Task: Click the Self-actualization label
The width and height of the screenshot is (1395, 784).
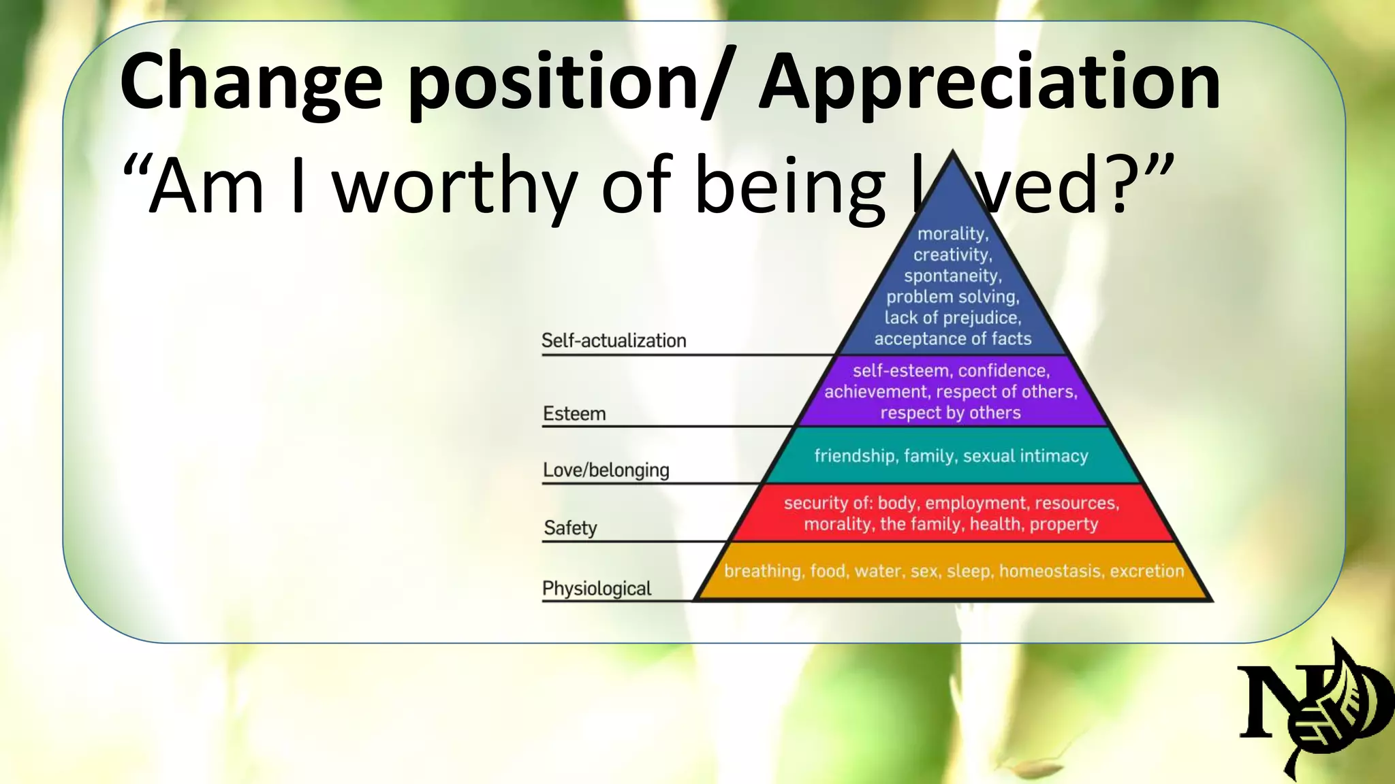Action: coord(614,340)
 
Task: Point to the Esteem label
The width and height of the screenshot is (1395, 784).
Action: coord(574,414)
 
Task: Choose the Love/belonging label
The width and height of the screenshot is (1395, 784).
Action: coord(606,470)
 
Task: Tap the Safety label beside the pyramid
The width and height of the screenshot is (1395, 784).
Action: coord(570,528)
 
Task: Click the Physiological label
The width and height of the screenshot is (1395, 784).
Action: coord(597,589)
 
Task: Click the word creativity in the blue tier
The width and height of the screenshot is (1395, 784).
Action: coord(952,255)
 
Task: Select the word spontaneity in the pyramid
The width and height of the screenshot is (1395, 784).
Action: coord(952,276)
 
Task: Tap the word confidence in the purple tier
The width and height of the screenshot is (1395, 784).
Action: coord(1003,371)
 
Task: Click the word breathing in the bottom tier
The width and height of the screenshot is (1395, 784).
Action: coord(762,571)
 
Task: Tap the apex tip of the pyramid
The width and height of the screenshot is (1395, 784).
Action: coord(953,154)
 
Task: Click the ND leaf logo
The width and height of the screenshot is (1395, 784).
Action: coord(1311,708)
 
